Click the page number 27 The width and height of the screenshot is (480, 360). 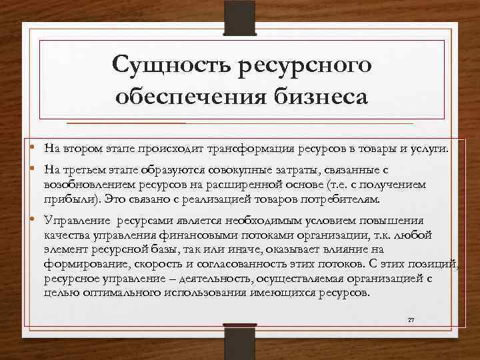(x=411, y=321)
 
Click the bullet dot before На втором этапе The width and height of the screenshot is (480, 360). (x=32, y=147)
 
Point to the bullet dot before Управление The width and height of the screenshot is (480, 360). (x=32, y=221)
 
